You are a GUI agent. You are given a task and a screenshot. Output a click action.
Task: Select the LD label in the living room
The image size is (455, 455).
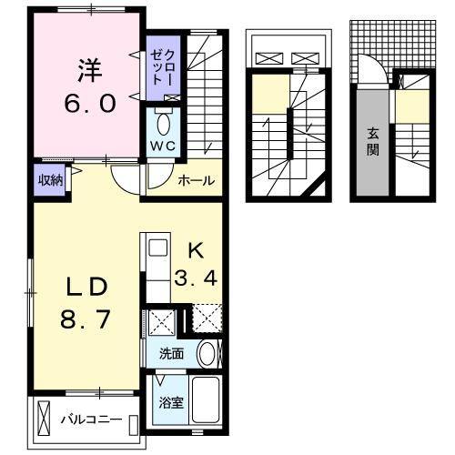(86, 287)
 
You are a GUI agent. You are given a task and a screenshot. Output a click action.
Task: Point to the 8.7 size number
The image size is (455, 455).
(86, 321)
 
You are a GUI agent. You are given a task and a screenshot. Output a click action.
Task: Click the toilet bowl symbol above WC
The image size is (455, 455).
(164, 122)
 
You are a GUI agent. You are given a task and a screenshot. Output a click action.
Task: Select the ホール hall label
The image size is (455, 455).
(195, 180)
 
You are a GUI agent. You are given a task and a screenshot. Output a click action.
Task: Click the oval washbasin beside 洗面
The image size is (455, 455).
(208, 354)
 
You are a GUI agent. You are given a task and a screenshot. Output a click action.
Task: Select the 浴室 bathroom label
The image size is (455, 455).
(170, 402)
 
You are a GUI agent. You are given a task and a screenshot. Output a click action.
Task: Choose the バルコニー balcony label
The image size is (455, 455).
(91, 420)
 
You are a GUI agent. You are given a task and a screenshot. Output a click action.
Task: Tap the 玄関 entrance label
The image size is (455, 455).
(372, 142)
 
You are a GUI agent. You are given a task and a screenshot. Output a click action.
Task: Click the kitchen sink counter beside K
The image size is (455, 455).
(156, 265)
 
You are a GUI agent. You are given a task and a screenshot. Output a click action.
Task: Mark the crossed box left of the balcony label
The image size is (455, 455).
(46, 421)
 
